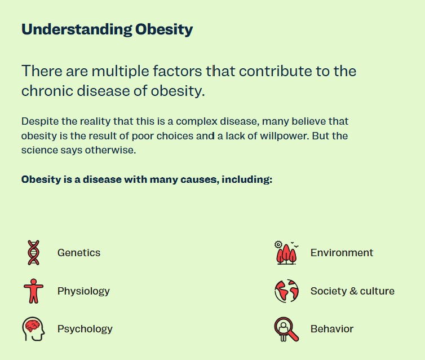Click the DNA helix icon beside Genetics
tap(33, 252)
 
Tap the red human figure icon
tap(33, 291)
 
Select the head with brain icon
tap(33, 328)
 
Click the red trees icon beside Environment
tap(286, 253)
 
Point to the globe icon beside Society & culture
tap(286, 291)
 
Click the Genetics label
tap(78, 253)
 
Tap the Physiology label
tap(83, 291)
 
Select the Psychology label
tap(85, 329)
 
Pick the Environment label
tap(342, 253)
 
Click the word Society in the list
tap(328, 291)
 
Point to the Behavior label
tap(331, 329)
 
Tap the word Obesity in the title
tap(164, 29)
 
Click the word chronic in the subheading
tap(48, 91)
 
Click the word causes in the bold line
tap(200, 180)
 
